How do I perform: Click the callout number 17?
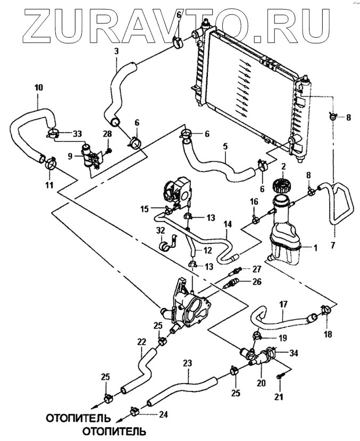[284, 305]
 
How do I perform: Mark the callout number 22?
[141, 342]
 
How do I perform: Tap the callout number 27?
[257, 269]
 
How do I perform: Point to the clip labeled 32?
[165, 247]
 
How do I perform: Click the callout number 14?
[227, 224]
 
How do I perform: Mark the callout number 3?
[116, 51]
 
